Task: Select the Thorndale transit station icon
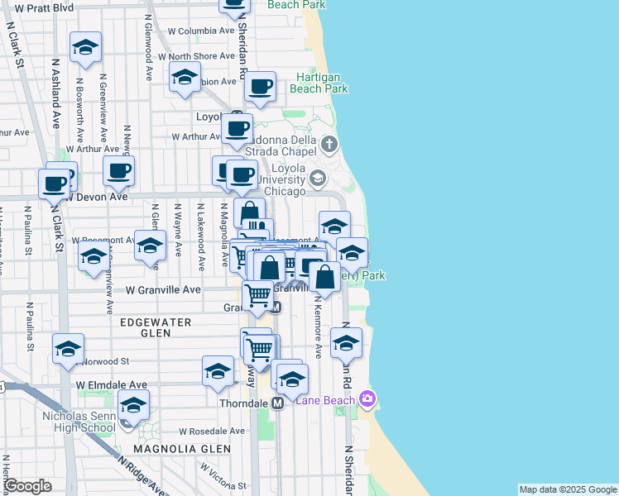coord(278,403)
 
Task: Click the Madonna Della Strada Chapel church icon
coord(330,145)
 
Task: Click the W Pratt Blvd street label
coord(39,7)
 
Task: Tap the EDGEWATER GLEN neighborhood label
coord(156,327)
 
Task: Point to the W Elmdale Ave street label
coord(111,385)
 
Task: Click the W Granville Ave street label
coord(163,290)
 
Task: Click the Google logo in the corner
coord(28,485)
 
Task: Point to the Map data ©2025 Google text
coord(567,489)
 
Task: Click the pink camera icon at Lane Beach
coord(367,400)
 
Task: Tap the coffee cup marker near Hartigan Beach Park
coord(260,86)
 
